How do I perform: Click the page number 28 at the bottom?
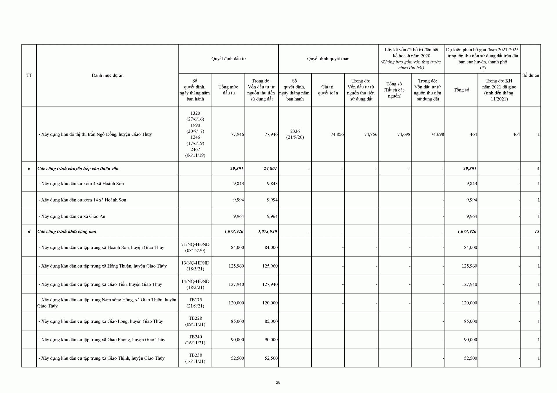tap(278, 382)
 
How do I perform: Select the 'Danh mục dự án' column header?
tap(107, 75)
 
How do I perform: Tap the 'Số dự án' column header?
tap(531, 75)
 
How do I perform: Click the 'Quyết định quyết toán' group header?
tap(328, 59)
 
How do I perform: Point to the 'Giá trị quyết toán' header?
tap(328, 90)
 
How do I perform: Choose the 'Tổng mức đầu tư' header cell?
tap(228, 90)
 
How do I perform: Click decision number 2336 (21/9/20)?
tap(295, 134)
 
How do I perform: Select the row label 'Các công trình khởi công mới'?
tap(67, 231)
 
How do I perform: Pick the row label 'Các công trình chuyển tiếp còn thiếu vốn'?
tap(78, 169)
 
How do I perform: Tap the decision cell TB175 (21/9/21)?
tap(195, 303)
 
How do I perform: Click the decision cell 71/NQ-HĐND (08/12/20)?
tap(195, 247)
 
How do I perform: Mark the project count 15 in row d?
tap(537, 231)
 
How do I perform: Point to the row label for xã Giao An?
tap(72, 216)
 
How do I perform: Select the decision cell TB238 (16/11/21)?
tap(195, 358)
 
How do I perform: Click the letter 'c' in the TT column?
tap(29, 169)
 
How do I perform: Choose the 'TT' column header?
tap(29, 75)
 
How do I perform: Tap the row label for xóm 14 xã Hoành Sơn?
tap(82, 200)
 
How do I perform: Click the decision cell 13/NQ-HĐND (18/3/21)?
tap(195, 266)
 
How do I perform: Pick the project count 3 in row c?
tap(538, 169)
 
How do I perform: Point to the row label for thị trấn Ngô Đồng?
tap(95, 134)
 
